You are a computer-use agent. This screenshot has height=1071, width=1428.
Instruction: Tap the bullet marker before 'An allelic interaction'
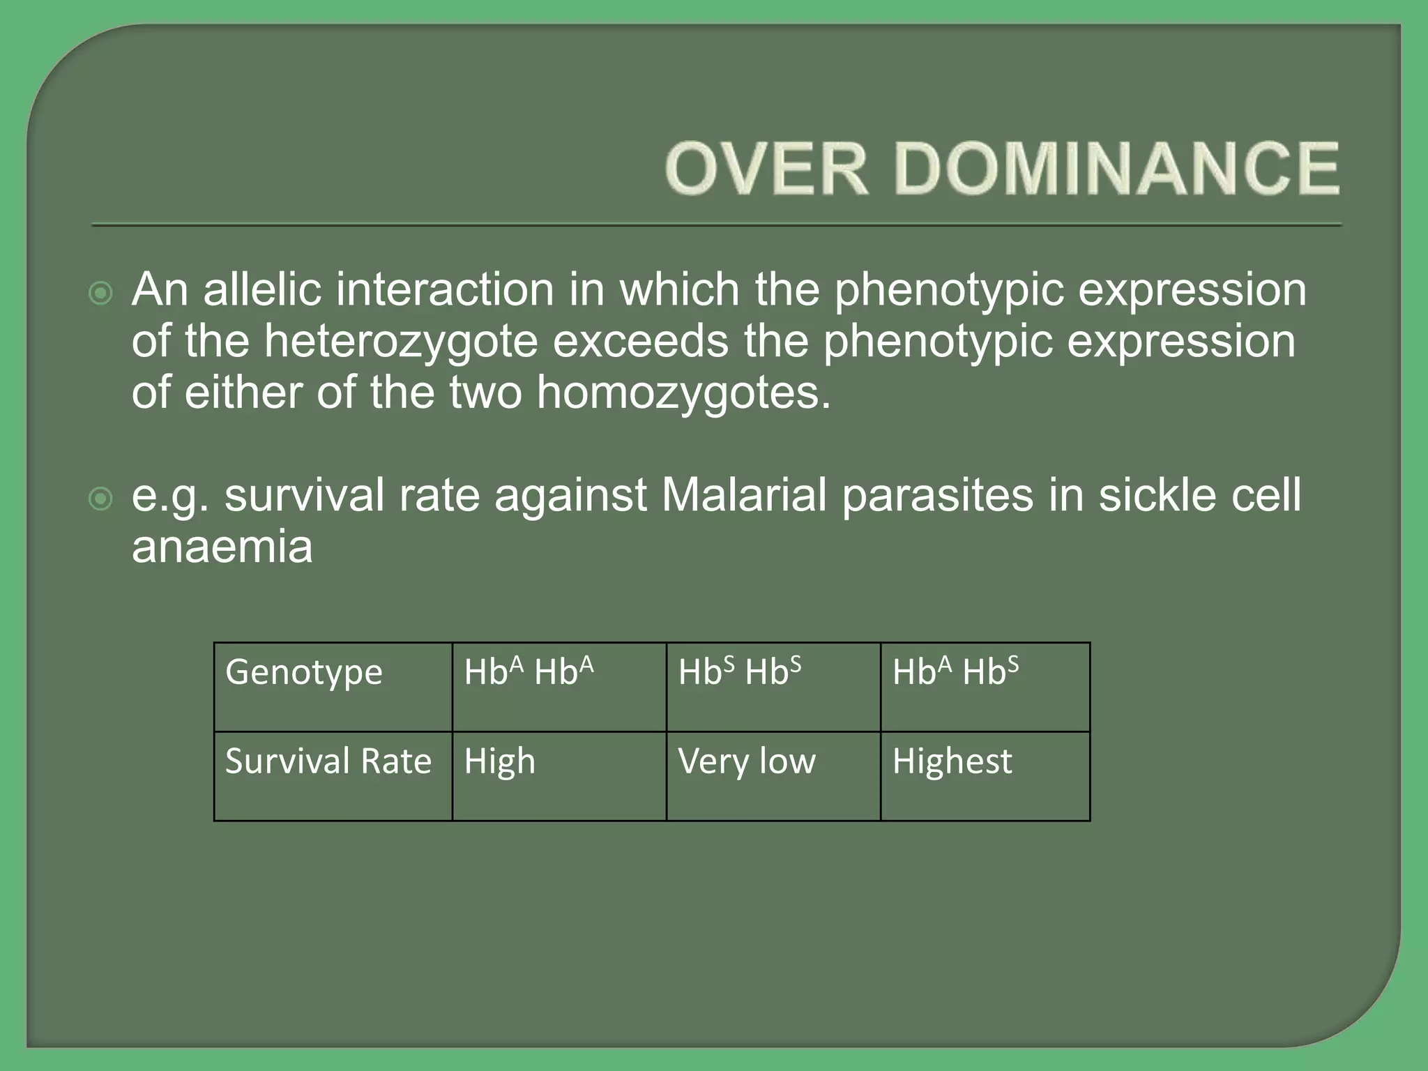tap(101, 294)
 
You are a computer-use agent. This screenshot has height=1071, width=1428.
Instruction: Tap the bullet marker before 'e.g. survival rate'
tap(101, 499)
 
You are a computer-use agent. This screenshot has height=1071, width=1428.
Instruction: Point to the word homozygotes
tap(683, 393)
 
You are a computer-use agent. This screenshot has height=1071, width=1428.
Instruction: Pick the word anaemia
tap(222, 547)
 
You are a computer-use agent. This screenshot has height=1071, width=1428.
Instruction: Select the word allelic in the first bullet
tap(262, 289)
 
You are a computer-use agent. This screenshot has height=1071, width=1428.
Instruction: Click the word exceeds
tap(641, 342)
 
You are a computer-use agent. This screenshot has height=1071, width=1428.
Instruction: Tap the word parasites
tap(937, 495)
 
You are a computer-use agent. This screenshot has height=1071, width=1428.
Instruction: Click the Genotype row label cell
tap(333, 687)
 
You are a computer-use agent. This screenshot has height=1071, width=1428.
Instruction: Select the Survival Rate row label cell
tap(333, 775)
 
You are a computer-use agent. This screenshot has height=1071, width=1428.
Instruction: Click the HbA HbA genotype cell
tap(559, 687)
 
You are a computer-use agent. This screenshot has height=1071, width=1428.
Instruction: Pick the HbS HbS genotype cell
tap(773, 687)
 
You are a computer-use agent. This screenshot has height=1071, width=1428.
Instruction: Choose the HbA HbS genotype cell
tap(985, 687)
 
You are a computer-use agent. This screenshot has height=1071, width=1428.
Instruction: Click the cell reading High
tap(559, 775)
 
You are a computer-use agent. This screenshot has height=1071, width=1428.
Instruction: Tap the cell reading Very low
tap(773, 775)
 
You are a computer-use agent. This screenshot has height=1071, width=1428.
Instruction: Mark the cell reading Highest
tap(985, 775)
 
